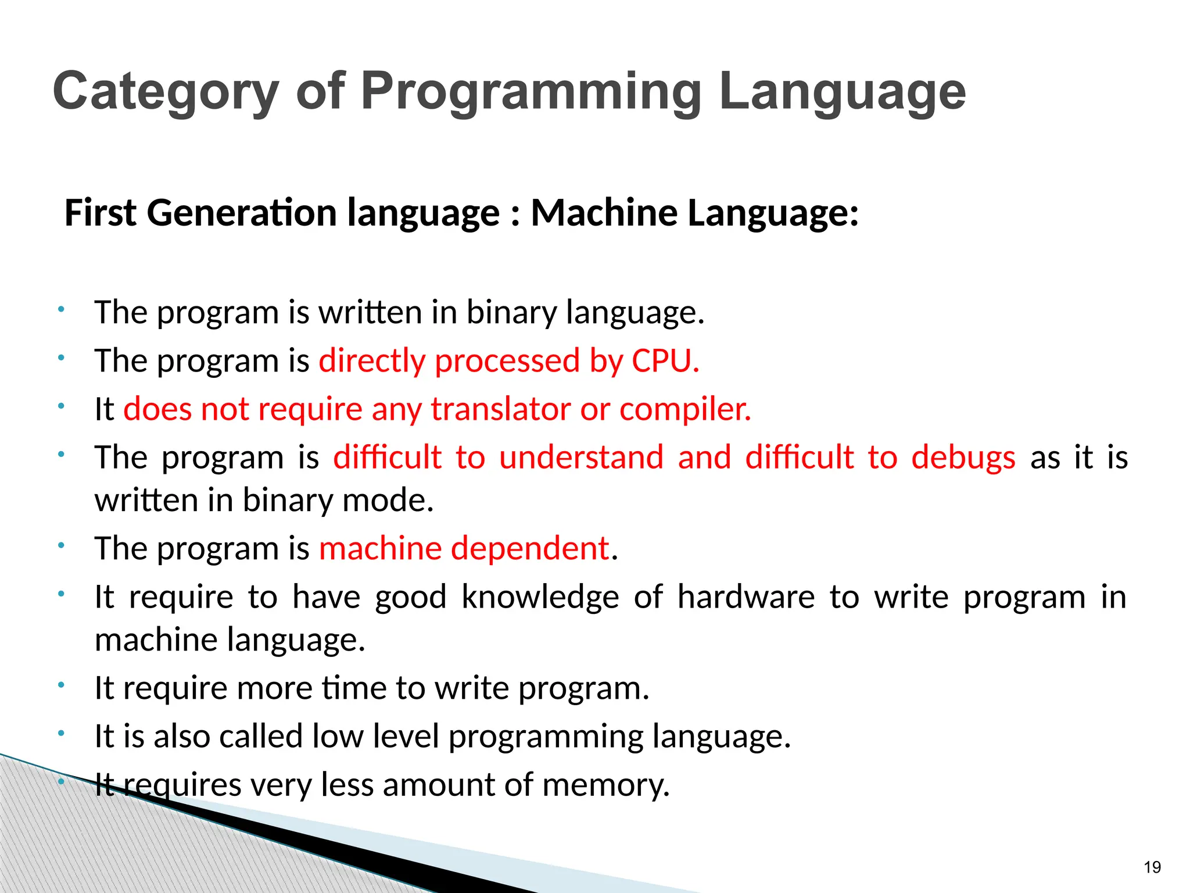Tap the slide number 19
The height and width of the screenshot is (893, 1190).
[1152, 867]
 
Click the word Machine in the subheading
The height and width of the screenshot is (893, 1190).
[604, 212]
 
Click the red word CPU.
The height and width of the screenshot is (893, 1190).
[665, 360]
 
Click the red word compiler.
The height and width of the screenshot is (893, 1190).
[685, 410]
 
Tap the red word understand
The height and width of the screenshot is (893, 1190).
[581, 457]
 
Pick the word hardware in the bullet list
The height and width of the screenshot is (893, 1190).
[746, 597]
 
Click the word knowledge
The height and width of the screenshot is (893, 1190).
[540, 597]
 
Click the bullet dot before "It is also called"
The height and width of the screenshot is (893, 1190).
[60, 734]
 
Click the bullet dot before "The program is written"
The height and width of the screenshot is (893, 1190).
[60, 309]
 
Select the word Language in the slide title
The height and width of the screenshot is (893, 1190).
[842, 92]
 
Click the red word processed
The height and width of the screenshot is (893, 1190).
[507, 361]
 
